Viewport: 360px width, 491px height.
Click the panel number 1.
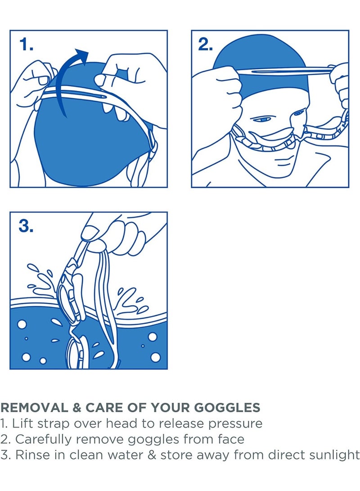pos(26,44)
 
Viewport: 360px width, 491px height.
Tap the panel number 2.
pos(206,44)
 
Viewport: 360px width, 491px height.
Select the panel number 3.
pos(26,226)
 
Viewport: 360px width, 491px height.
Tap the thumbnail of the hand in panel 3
pos(90,233)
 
